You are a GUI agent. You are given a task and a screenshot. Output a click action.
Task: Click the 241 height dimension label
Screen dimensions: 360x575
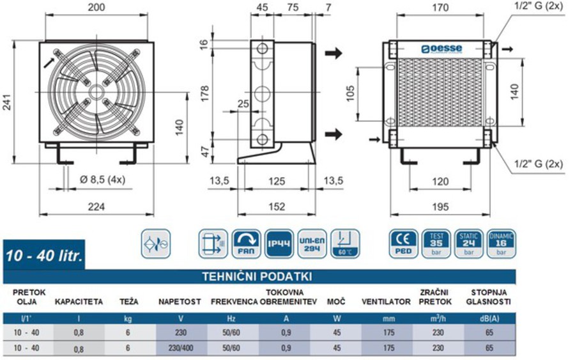7,106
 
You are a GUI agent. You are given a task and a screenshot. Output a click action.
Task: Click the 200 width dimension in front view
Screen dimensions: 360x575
96,7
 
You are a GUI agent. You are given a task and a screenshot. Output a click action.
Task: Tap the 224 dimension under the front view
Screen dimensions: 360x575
96,206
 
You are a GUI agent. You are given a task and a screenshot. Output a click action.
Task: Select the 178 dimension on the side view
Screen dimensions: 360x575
204,94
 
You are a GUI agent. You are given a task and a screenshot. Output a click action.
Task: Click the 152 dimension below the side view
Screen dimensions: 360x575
276,206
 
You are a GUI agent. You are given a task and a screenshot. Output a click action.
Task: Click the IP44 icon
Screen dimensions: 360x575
279,244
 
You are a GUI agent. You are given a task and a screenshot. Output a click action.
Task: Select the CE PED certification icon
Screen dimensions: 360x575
402,244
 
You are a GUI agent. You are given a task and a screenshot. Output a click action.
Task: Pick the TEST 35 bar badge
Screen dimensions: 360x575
437,244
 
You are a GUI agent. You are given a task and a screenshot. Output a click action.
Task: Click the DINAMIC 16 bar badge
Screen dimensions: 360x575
501,244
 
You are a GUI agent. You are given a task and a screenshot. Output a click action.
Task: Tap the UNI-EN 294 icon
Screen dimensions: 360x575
312,244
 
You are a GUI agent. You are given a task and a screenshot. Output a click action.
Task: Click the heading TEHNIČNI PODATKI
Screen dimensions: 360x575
257,276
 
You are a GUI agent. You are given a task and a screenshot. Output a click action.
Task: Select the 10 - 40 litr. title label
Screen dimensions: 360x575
44,256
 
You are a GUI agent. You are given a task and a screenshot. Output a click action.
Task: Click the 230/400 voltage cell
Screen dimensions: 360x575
181,348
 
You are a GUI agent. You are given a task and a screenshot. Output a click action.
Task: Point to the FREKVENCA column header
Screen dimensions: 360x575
234,301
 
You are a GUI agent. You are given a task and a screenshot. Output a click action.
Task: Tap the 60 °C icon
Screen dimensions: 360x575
346,244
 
